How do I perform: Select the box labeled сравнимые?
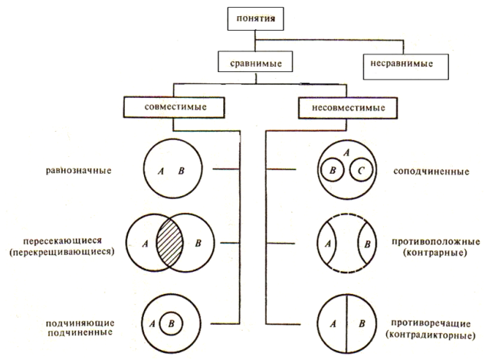(252, 61)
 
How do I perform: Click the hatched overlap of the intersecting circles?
(170, 245)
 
